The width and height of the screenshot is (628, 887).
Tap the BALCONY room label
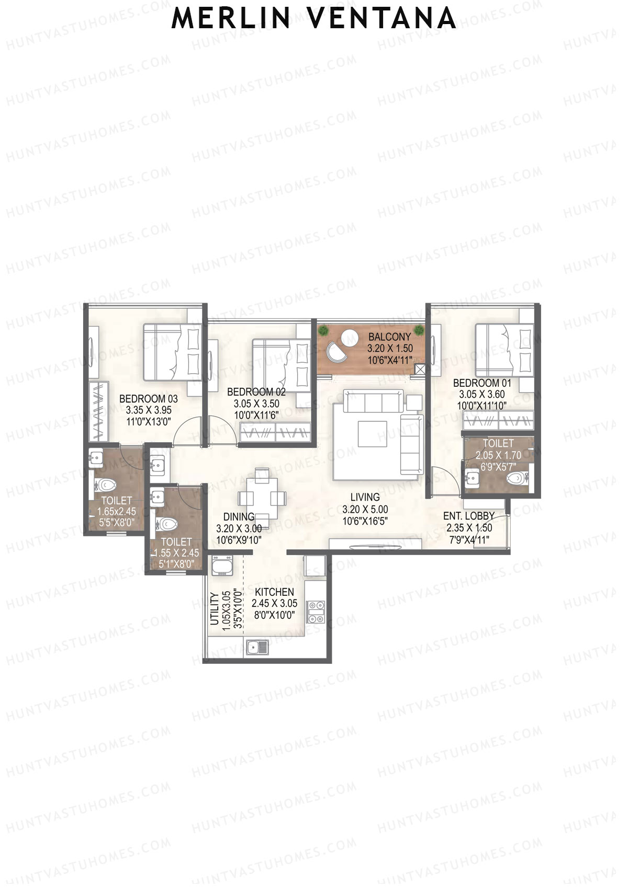coord(389,337)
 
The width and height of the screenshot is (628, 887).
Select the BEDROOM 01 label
coord(482,383)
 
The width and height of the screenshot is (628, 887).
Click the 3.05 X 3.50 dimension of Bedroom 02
coord(256,404)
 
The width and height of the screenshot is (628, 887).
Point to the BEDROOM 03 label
coord(148,399)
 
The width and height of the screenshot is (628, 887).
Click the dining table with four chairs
coord(262,497)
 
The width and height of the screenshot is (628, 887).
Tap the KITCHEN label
coord(274,592)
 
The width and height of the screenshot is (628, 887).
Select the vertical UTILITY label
coord(214,609)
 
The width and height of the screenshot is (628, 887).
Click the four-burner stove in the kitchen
coord(316,612)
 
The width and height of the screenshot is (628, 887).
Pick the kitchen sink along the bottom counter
coord(258,647)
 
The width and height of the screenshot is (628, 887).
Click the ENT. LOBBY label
coord(469,516)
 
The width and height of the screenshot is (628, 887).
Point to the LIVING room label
coord(365,497)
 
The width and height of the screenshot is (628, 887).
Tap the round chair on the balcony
coord(337,350)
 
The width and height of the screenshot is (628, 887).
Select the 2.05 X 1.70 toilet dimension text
coord(498,455)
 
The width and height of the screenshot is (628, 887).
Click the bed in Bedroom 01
coord(503,349)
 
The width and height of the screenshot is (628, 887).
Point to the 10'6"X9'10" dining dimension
coord(239,540)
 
